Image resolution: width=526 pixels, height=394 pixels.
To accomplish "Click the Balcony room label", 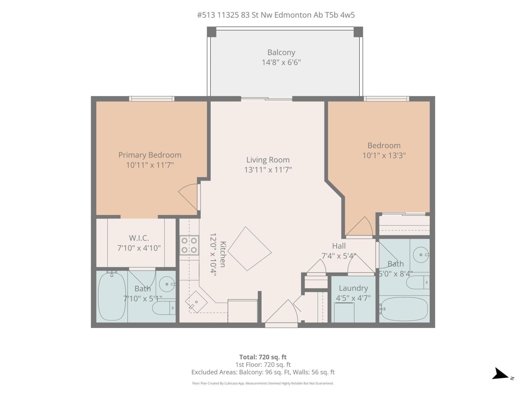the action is coord(281,52).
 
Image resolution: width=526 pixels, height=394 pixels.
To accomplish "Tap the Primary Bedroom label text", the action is coord(150,155).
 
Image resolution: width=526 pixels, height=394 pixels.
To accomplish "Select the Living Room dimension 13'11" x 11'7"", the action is coord(268,170).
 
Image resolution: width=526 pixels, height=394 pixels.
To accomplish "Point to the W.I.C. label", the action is coord(139,238).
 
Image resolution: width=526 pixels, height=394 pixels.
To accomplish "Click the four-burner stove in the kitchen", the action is coord(189,245).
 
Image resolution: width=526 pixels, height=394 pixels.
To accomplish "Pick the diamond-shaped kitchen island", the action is coord(250,249).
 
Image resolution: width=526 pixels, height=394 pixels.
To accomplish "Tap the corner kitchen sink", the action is coord(196,302).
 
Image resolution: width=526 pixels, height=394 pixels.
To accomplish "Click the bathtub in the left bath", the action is coord(112,296).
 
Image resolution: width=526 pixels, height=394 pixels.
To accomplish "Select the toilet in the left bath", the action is coord(164,308).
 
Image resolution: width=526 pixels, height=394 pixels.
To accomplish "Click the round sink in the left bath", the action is coord(167,284).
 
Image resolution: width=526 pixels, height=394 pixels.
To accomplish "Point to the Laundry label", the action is coord(353,288).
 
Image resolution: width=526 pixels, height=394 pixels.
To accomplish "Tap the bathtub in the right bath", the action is coord(404,309).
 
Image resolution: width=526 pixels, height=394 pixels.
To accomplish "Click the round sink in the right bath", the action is coord(421,255).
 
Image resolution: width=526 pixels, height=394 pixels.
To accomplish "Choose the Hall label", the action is coord(339,246).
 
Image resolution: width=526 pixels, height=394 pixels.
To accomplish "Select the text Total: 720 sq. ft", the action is coord(263,357).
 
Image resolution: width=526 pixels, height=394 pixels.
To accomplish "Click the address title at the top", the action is coord(276,15).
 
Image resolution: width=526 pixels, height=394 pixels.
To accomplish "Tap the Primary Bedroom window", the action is coord(152,98).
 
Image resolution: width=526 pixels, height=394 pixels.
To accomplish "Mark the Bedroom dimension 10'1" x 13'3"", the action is coord(384,156).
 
